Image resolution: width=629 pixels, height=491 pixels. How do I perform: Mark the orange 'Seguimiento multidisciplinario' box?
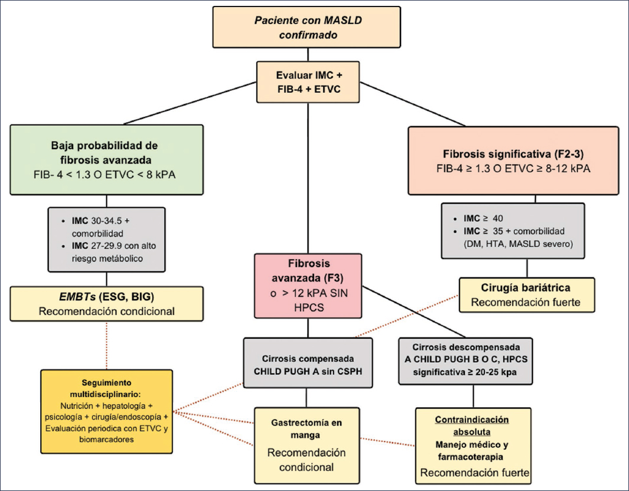(x=106, y=411)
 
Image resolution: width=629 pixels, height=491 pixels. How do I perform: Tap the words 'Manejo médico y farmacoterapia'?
(x=471, y=450)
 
